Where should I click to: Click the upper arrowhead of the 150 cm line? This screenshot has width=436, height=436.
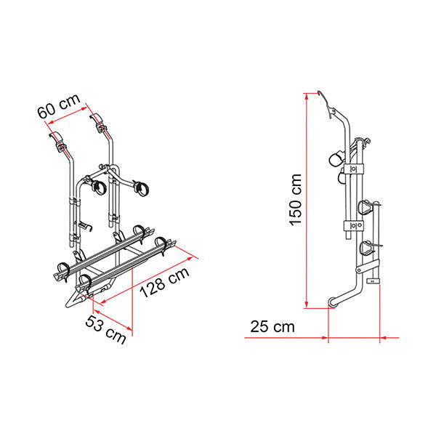[x=307, y=94]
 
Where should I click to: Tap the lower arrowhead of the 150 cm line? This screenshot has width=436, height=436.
[x=307, y=304]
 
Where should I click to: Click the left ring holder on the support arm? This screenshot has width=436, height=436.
[x=97, y=187]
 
